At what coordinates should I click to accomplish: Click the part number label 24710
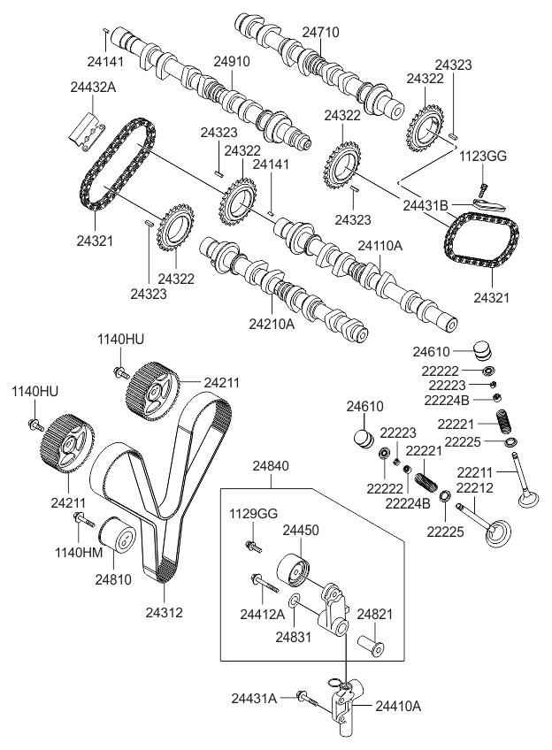320,32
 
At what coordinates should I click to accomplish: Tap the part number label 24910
231,63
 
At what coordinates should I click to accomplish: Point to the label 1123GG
482,157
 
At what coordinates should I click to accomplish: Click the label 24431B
426,204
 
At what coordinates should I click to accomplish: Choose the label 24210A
271,324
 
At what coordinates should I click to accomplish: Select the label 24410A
398,706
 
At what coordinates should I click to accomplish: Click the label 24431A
255,699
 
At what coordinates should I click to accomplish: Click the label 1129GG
254,514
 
